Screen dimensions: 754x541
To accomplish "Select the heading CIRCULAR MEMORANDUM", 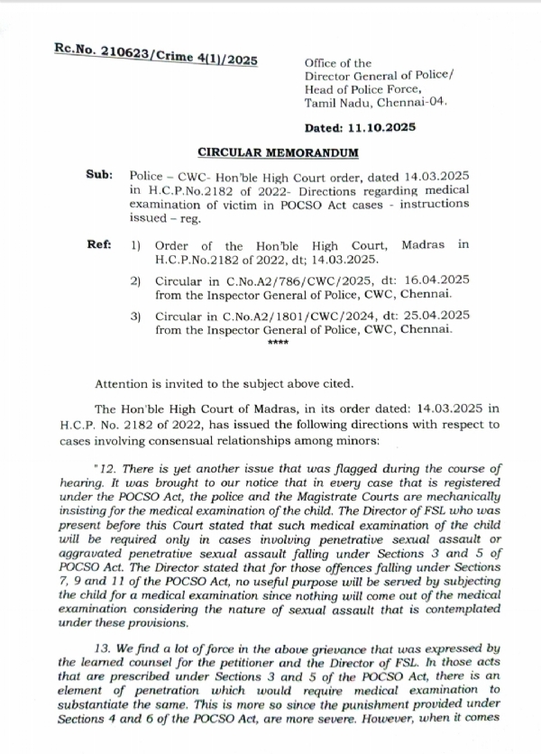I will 279,153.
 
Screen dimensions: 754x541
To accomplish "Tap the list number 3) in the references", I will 136,315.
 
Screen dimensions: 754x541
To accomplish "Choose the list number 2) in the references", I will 136,282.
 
